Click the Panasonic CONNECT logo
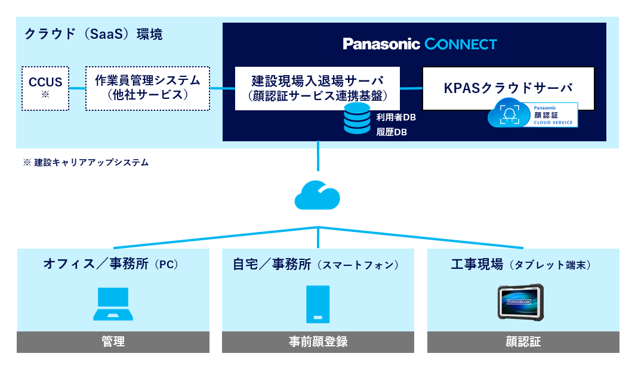click(x=420, y=44)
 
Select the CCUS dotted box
click(x=45, y=88)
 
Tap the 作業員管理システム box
click(x=147, y=88)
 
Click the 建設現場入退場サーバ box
click(x=317, y=88)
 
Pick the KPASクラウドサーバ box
click(x=508, y=88)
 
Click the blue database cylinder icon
click(x=357, y=119)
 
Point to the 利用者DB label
click(x=396, y=117)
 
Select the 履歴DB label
click(x=392, y=132)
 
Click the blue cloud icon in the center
click(x=318, y=195)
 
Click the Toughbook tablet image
click(x=520, y=303)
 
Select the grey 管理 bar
click(x=113, y=342)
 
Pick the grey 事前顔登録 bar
click(x=318, y=342)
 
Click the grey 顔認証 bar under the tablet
click(x=523, y=342)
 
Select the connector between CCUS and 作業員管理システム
click(x=77, y=88)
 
